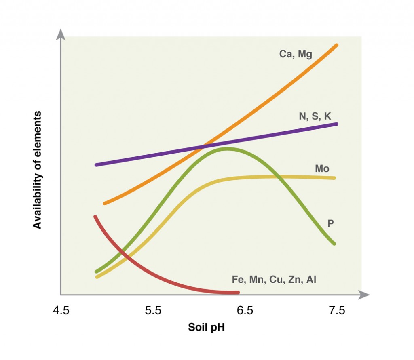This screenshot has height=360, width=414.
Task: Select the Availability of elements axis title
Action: point(38,169)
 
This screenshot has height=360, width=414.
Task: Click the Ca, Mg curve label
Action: point(296,54)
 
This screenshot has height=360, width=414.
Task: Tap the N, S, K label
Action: point(315,116)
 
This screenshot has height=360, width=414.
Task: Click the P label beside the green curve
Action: point(330,223)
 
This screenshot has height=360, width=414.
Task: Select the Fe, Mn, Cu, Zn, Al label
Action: point(274,279)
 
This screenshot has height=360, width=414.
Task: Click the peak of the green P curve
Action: point(226,149)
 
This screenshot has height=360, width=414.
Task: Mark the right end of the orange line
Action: point(337,45)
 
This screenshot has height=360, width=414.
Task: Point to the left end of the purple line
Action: point(96,165)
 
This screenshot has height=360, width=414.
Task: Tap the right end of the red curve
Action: point(239,292)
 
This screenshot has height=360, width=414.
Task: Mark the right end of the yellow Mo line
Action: point(334,178)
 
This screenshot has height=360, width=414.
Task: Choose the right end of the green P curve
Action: point(334,244)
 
